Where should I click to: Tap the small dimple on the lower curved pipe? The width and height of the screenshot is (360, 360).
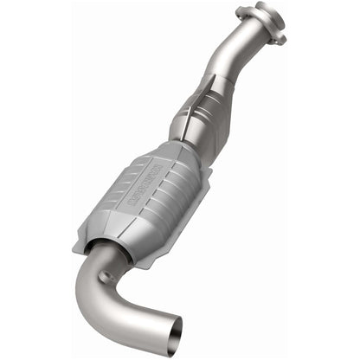[x=107, y=278]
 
